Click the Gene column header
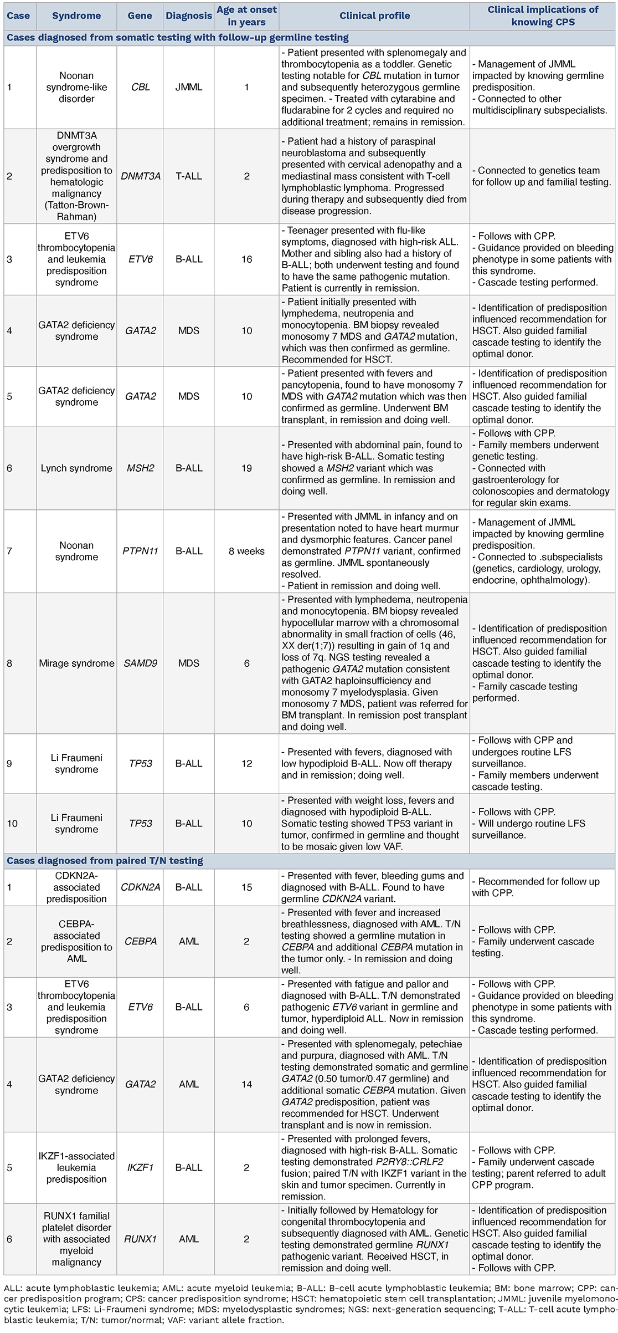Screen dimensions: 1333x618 (140, 16)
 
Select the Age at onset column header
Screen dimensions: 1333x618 (246, 16)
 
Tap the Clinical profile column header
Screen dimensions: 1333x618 (374, 16)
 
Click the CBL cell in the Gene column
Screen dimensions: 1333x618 (140, 87)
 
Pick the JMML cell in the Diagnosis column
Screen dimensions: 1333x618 (189, 87)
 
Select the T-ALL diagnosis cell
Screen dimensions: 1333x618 (189, 176)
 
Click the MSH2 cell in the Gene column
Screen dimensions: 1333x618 (140, 468)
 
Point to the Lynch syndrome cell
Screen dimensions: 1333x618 (76, 468)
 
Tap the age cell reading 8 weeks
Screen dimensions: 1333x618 (246, 551)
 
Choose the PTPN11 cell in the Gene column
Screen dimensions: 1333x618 (140, 551)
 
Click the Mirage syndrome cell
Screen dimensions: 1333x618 (76, 663)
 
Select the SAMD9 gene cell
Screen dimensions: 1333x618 (140, 663)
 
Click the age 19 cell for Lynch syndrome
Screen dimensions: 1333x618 (246, 468)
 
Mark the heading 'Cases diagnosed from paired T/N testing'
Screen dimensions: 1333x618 (105, 861)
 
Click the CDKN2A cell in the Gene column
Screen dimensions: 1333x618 (140, 887)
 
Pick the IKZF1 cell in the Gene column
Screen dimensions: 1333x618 (140, 1168)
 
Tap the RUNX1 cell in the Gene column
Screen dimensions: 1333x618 (140, 1239)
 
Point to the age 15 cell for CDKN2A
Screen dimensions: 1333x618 (246, 887)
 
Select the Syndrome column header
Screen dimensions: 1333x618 (76, 16)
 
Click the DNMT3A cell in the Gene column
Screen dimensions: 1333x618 (140, 176)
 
